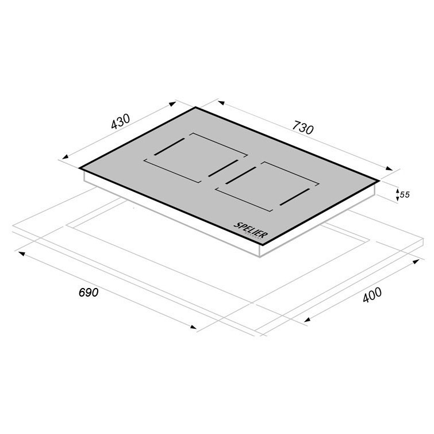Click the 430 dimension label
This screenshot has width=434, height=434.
click(x=120, y=122)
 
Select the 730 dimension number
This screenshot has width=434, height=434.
click(x=303, y=128)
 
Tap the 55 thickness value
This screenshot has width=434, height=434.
click(x=405, y=195)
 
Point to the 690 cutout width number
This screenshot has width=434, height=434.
click(x=89, y=293)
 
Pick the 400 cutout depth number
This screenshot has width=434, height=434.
click(x=372, y=295)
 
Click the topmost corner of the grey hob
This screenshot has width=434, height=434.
click(x=195, y=107)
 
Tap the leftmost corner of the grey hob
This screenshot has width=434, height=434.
click(x=79, y=168)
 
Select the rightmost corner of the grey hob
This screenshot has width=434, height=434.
click(x=379, y=180)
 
